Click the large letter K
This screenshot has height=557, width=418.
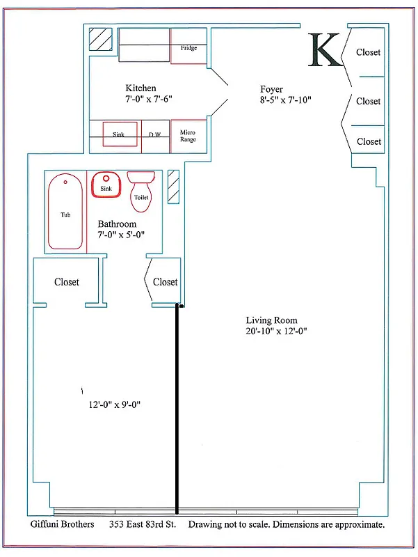(x=325, y=50)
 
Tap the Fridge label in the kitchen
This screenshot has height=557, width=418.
(x=188, y=48)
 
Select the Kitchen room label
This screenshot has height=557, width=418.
(x=141, y=88)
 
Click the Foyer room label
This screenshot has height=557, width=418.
(x=272, y=89)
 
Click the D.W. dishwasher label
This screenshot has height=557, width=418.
(x=155, y=134)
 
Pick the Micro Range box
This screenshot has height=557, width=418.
(x=188, y=136)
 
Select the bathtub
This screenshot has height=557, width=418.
(x=65, y=214)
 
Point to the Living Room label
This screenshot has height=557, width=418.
(x=271, y=320)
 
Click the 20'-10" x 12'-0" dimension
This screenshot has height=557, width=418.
(x=276, y=331)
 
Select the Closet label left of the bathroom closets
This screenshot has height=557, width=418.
(x=67, y=282)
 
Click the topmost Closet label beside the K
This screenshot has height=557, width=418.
(x=369, y=52)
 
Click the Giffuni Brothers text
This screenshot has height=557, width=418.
(x=63, y=524)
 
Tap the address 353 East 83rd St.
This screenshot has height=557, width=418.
(x=143, y=524)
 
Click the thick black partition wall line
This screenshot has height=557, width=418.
(x=177, y=411)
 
